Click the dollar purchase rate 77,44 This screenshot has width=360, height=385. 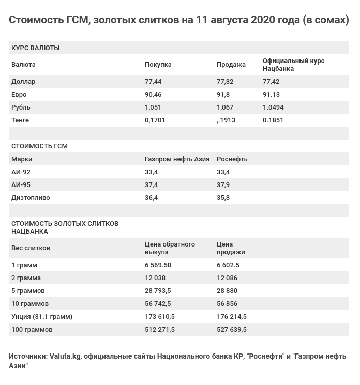coord(153,82)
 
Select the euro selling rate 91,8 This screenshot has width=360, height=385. coord(223,95)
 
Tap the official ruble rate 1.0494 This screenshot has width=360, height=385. coord(273,107)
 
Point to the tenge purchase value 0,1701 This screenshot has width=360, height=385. coord(155,120)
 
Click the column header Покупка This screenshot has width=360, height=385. coord(158,65)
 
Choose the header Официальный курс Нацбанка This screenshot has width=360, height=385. coord(293,65)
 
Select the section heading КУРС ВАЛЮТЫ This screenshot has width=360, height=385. coord(35,48)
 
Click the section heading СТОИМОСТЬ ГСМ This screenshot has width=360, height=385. coord(39,146)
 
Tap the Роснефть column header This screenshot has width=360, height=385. coord(232,159)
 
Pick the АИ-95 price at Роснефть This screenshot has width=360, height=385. coord(223,185)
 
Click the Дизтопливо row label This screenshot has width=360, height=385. coord(31,198)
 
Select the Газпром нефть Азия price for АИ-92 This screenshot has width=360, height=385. coord(151,172)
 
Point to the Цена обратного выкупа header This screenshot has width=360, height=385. coord(170,248)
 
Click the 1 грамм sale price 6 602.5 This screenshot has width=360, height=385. coord(228,265)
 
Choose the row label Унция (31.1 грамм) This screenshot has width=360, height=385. coord(42,317)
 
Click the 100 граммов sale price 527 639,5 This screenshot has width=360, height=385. coord(231,330)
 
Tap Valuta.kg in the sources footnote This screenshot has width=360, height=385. coord(65,357)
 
